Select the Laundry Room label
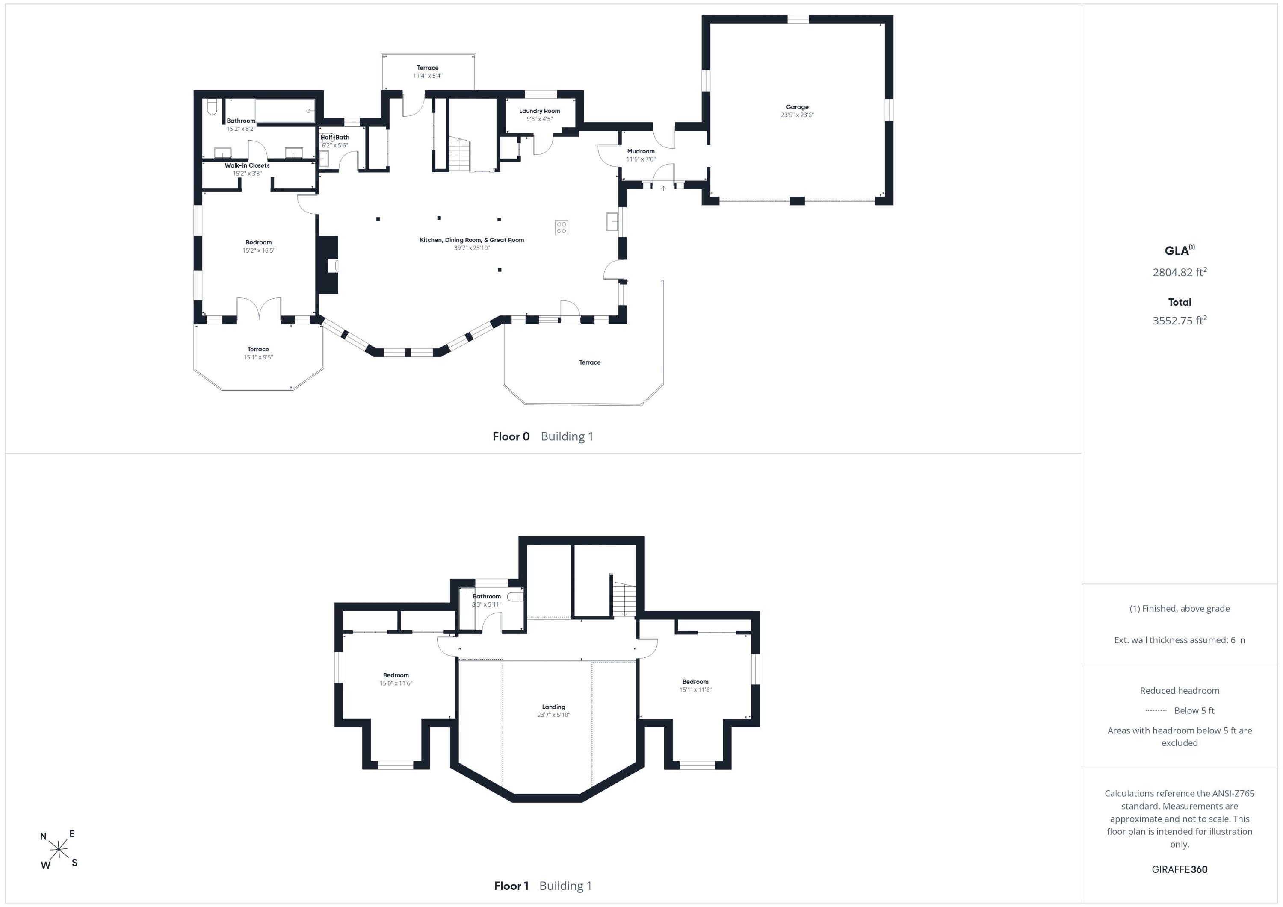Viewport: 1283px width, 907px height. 539,111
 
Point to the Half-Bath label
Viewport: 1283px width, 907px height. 335,137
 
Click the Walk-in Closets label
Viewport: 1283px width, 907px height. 247,165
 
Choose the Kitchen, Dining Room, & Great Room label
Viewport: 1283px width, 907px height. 472,240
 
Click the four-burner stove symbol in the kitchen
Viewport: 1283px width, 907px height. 561,227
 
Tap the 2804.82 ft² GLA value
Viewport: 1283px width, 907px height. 1179,272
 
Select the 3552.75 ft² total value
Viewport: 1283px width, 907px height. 1179,320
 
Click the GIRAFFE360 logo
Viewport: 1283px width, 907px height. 1179,869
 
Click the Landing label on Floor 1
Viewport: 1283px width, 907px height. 553,707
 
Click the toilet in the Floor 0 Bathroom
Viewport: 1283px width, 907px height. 212,107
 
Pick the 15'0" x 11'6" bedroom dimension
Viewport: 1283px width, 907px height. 396,683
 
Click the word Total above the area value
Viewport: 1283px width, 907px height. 1179,302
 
